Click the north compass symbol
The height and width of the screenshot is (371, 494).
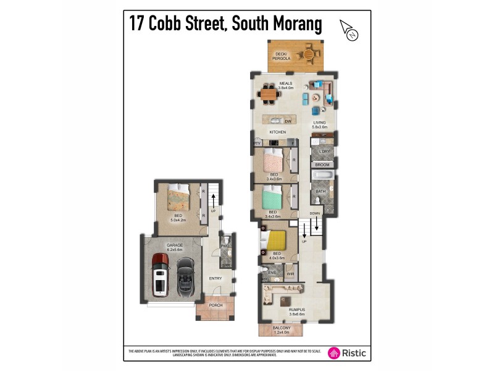pos(349,31)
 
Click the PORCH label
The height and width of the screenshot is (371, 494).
pos(216,305)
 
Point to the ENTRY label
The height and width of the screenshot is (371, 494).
pos(215,279)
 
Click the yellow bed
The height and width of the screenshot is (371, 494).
pos(276,241)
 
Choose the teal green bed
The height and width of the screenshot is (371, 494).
pos(272,198)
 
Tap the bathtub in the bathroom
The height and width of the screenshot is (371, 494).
pos(322,177)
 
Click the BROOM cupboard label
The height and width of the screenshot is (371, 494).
pos(322,165)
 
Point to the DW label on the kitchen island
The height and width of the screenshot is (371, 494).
pos(288,121)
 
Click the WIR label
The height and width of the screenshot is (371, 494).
pos(290,273)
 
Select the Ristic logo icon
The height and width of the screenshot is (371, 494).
pos(334,353)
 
